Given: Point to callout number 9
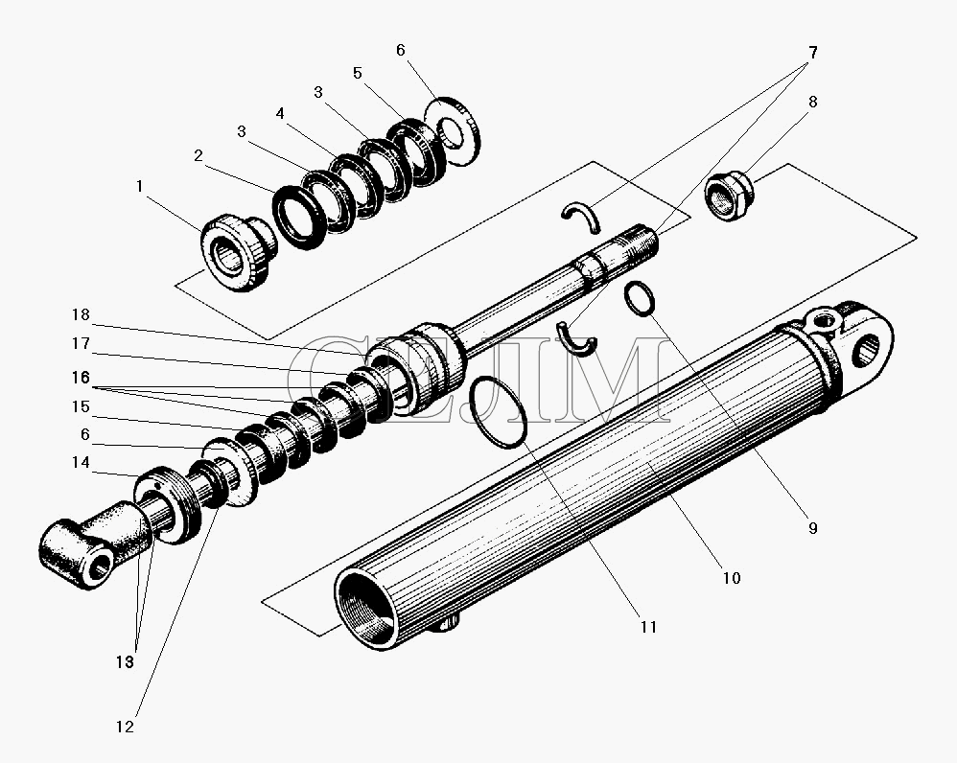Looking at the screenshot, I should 812,526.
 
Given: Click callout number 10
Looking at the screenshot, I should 731,578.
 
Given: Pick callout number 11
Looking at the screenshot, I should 648,627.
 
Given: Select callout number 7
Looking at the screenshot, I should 812,53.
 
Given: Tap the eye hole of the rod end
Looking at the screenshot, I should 98,572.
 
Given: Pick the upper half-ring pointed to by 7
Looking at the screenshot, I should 582,218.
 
